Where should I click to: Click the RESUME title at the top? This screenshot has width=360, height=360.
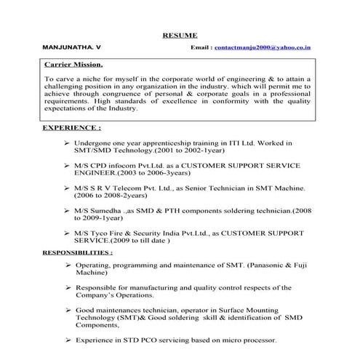(x=179, y=34)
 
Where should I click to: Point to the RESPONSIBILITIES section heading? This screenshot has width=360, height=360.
(x=77, y=252)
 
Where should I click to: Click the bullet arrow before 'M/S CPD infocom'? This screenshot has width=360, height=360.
(x=67, y=165)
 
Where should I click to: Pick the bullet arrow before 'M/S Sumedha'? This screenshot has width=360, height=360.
(x=67, y=210)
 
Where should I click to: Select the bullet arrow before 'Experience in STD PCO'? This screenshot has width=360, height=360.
(x=67, y=340)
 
